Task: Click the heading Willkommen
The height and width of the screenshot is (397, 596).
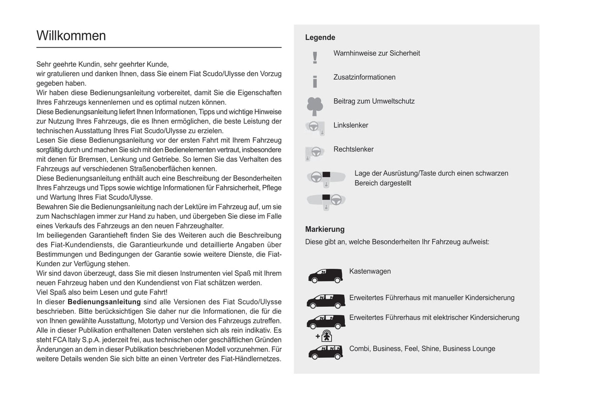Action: (71, 36)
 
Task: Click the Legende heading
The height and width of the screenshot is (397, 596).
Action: (320, 37)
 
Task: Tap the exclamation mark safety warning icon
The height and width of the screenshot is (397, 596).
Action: (315, 58)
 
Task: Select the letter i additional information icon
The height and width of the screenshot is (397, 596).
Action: (315, 82)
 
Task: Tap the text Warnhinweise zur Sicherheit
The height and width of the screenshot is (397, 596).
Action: (377, 53)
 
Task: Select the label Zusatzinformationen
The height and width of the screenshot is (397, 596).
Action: (364, 77)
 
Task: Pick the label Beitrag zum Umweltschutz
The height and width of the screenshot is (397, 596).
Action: (374, 101)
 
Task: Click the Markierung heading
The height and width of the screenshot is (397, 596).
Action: (325, 229)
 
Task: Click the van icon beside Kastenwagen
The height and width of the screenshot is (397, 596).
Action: (325, 276)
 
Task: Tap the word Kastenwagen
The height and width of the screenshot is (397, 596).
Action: (370, 271)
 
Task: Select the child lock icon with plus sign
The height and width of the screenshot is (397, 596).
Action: (325, 336)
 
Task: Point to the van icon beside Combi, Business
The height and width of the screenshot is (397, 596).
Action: (325, 353)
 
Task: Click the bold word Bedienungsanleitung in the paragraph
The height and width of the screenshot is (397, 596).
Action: (104, 302)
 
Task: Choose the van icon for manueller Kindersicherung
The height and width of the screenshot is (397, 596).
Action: (325, 301)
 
